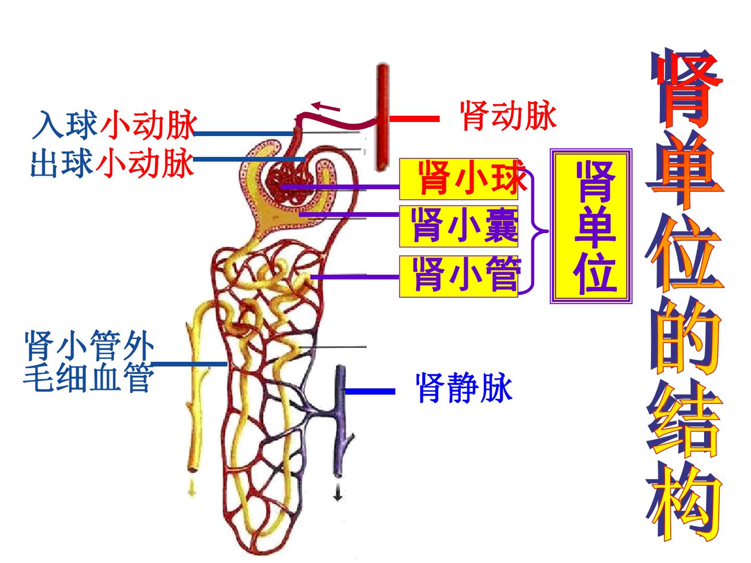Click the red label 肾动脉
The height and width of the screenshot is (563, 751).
pos(508,116)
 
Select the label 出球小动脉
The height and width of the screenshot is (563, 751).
pos(112,163)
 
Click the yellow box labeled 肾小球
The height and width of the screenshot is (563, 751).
pos(458,179)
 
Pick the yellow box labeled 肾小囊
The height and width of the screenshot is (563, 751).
pos(458,226)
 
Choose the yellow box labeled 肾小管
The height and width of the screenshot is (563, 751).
pos(458,276)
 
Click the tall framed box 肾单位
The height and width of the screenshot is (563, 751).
pos(591,226)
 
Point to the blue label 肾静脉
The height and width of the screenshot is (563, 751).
pos(464,388)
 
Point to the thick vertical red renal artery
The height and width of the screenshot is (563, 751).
pos(383,117)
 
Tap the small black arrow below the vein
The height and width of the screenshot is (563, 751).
pos(338,492)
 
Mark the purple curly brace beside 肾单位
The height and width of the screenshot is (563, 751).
pos(534,231)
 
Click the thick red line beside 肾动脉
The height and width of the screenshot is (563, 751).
pos(415,119)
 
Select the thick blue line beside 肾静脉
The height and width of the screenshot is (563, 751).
pos(370,391)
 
